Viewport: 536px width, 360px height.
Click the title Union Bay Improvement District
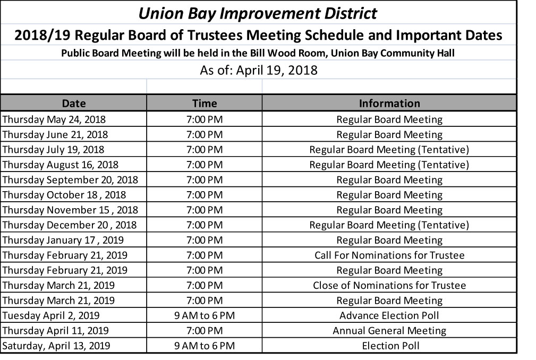coord(258,13)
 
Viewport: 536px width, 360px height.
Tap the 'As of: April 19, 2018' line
coord(258,70)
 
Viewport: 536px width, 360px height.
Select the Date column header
coord(73,104)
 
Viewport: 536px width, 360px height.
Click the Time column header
coord(205,104)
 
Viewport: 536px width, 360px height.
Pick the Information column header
coord(389,104)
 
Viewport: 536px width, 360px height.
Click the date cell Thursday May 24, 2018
coord(54,119)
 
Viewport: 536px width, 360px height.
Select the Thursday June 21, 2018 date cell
coord(55,134)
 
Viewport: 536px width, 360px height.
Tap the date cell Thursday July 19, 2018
coord(54,149)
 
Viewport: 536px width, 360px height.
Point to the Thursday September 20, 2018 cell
coord(70,179)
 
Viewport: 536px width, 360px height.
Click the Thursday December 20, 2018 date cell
coord(70,225)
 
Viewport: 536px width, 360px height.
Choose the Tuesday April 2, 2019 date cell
coord(51,315)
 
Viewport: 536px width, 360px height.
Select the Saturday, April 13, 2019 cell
coord(56,346)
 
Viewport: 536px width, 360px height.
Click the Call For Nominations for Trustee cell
coord(389,255)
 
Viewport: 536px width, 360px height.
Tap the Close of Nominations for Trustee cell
coord(389,286)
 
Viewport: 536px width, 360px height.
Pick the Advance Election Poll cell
coord(389,315)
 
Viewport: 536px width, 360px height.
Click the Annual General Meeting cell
coord(389,331)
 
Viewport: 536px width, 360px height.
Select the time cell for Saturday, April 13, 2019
coord(205,346)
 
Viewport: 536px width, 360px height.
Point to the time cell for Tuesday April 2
coord(205,315)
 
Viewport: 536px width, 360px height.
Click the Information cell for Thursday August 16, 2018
coord(389,165)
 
